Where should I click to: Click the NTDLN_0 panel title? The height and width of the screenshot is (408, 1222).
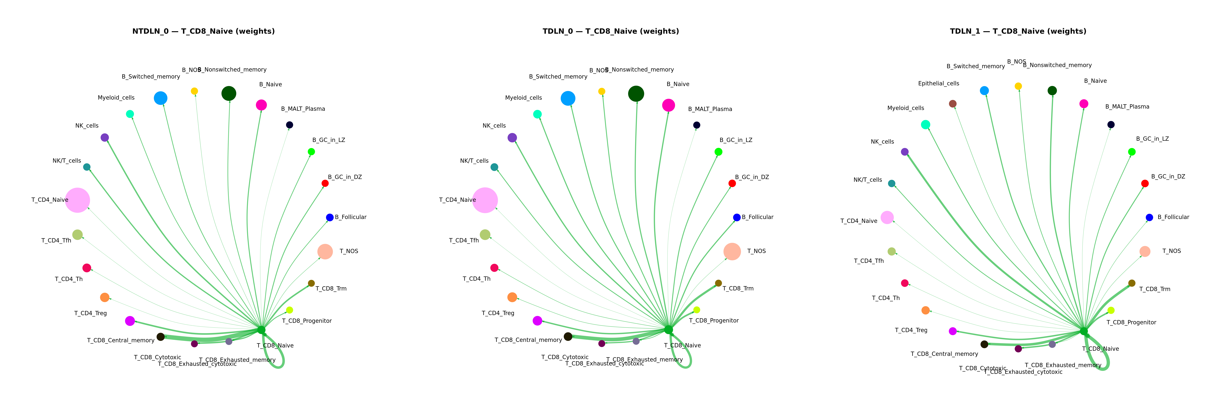pyautogui.click(x=203, y=31)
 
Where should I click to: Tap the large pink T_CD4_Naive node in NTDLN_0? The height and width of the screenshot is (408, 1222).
pyautogui.click(x=77, y=200)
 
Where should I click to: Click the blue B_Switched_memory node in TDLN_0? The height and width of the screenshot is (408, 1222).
pyautogui.click(x=568, y=98)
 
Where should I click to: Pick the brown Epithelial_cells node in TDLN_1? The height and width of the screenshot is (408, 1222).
pyautogui.click(x=952, y=104)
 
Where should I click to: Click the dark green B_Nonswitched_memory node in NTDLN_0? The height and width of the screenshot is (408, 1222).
pyautogui.click(x=229, y=93)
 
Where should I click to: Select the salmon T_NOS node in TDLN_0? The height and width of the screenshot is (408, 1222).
pyautogui.click(x=732, y=251)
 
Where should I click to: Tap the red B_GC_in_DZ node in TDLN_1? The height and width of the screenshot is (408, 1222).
pyautogui.click(x=1145, y=183)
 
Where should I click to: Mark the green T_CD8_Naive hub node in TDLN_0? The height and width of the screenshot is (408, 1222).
pyautogui.click(x=668, y=330)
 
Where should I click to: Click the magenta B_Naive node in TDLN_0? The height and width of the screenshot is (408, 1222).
pyautogui.click(x=668, y=105)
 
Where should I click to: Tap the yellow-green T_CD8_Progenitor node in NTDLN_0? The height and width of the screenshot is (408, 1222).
pyautogui.click(x=289, y=310)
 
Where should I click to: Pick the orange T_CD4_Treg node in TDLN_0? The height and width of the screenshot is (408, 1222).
pyautogui.click(x=512, y=297)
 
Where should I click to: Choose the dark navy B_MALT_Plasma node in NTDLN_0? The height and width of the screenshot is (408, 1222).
pyautogui.click(x=289, y=125)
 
